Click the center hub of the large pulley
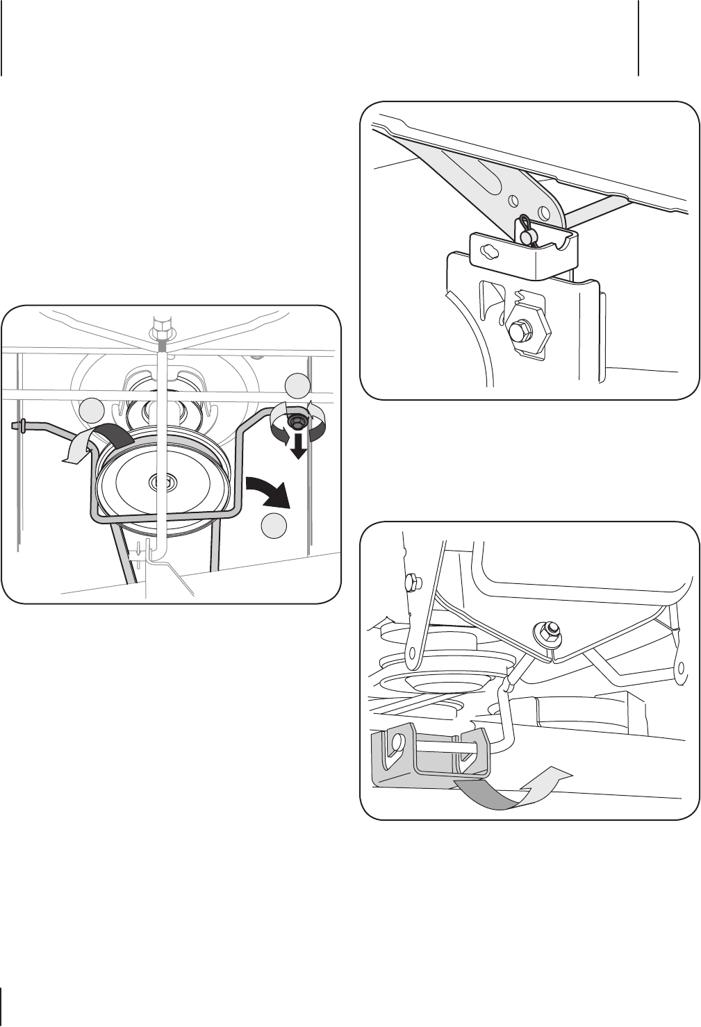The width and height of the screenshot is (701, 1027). (x=163, y=480)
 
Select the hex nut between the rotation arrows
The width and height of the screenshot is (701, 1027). (x=298, y=421)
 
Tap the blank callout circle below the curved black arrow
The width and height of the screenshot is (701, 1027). (x=274, y=526)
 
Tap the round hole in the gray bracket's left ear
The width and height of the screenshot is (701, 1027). (x=397, y=745)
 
